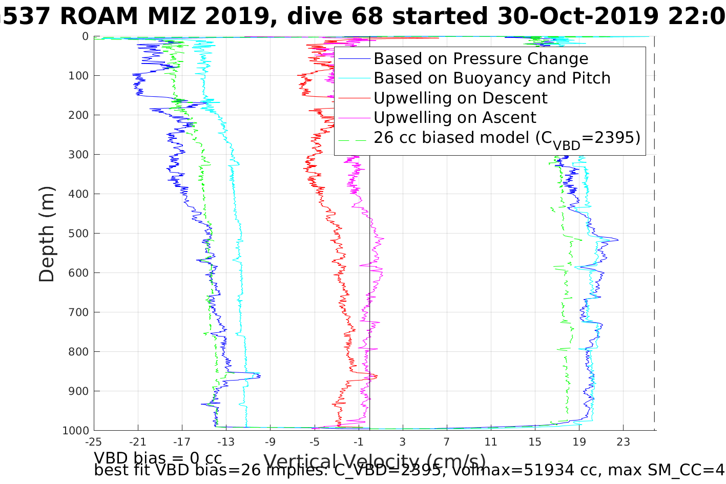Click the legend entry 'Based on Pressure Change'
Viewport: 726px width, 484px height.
[481, 59]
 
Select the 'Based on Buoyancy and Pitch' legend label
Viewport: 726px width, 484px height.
[492, 78]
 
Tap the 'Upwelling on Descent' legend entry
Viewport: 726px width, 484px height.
[460, 98]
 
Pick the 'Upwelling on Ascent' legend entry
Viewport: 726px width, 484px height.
[454, 117]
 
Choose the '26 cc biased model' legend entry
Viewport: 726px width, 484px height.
[507, 138]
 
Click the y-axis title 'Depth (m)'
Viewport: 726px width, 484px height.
[47, 234]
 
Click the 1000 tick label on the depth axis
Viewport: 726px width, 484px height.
[75, 430]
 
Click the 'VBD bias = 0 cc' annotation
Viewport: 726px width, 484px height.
[158, 457]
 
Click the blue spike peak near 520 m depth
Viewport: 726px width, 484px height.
[618, 240]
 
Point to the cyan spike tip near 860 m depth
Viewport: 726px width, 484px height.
[259, 374]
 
